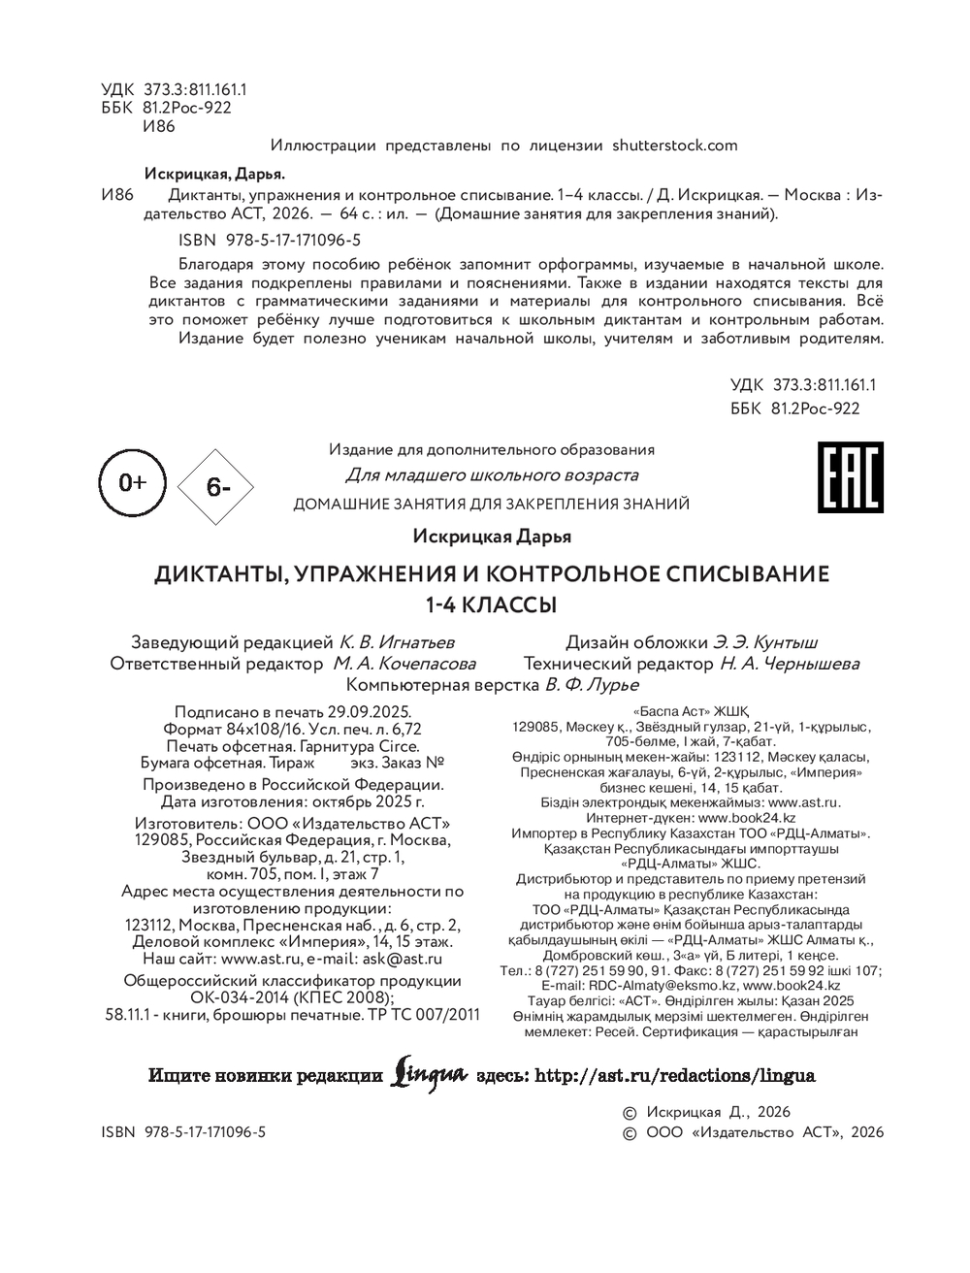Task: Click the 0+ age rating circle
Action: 132,482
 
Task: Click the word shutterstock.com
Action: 675,146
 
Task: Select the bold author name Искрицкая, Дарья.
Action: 214,175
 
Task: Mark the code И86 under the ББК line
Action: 158,126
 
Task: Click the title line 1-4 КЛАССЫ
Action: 492,604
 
